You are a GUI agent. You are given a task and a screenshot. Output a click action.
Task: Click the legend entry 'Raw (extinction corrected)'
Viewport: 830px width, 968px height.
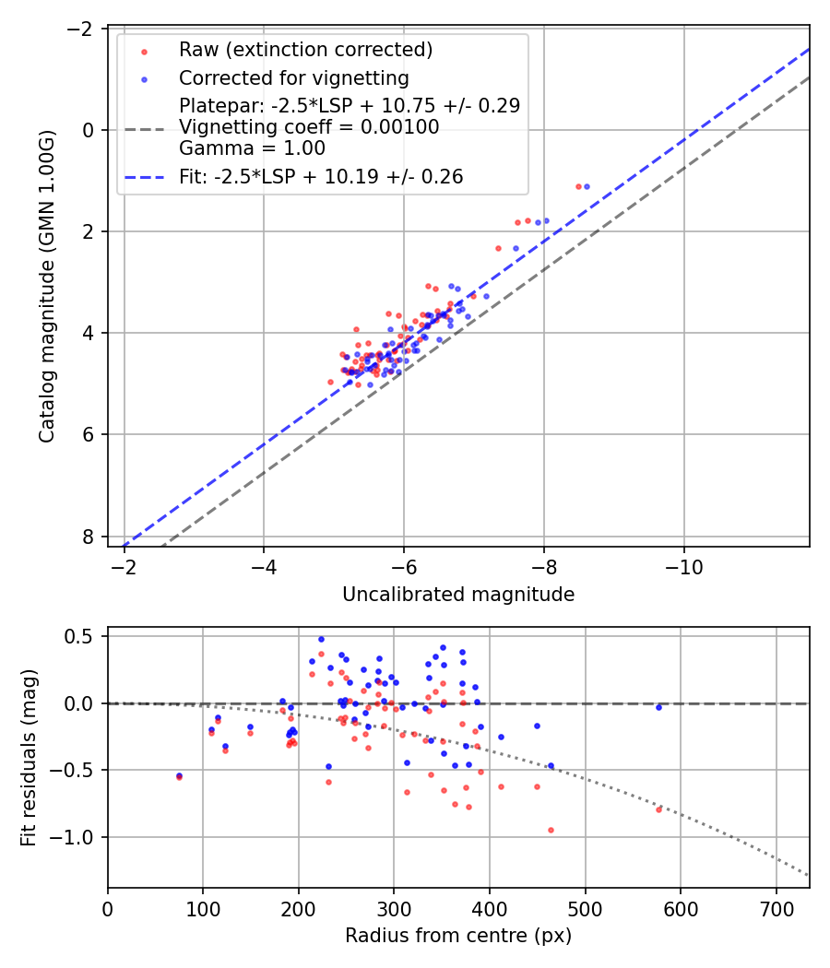305,49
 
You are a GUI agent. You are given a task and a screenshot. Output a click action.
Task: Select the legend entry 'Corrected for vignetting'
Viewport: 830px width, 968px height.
293,77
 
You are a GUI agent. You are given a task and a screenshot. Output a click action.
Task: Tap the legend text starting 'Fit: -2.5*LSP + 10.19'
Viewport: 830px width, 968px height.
320,176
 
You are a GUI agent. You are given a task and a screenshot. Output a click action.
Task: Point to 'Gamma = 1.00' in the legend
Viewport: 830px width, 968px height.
252,148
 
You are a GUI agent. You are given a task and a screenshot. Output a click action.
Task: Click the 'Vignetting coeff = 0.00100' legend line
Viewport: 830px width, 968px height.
309,127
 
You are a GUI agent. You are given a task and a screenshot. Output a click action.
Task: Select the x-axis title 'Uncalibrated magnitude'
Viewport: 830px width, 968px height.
458,595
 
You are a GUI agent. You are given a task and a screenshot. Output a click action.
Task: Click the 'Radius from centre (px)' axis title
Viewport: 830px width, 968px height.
458,936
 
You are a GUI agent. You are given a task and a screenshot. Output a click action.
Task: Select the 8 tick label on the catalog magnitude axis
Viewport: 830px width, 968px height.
89,537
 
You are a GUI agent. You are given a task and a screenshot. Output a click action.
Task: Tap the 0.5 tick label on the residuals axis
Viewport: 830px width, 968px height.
84,636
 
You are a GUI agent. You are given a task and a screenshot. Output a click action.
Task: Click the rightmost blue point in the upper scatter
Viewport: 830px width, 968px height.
587,186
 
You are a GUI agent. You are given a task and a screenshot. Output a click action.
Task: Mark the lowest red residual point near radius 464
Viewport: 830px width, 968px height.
551,830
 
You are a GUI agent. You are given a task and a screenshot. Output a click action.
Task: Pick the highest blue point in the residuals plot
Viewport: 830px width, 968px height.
321,639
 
